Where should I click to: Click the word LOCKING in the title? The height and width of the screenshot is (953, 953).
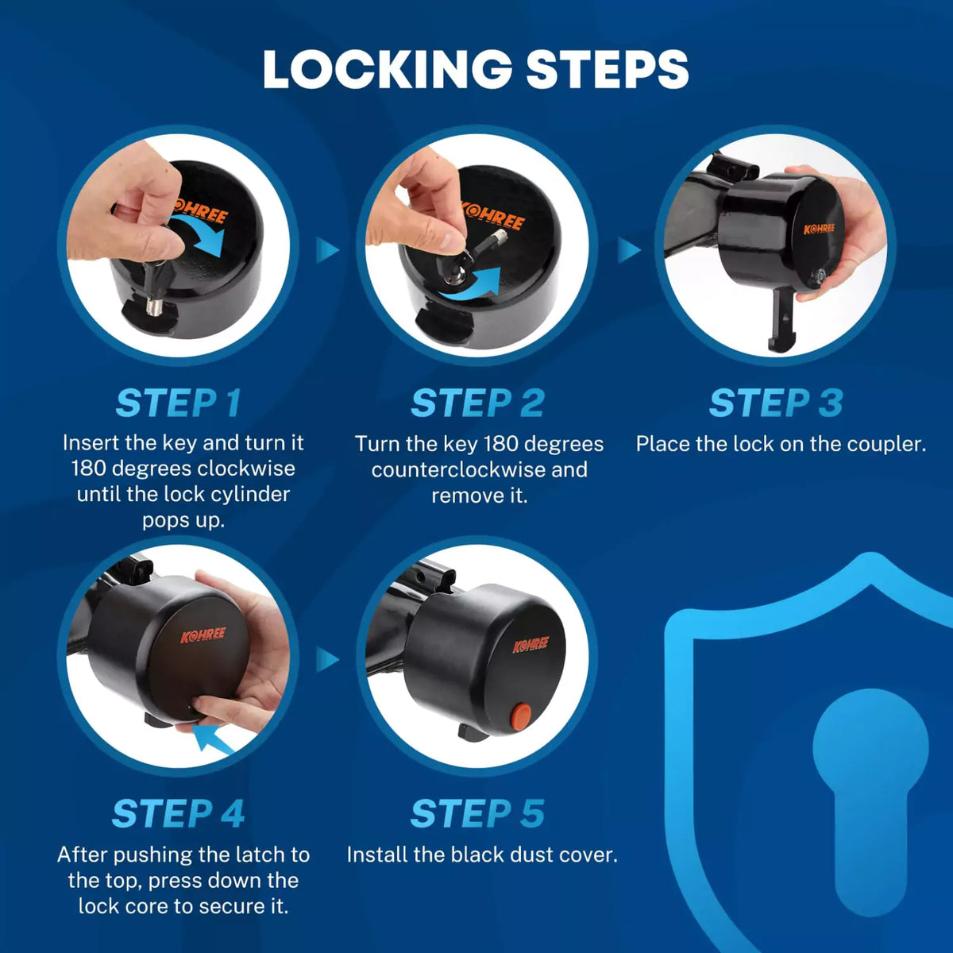point(388,69)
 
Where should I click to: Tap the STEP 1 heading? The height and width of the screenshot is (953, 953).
point(179,403)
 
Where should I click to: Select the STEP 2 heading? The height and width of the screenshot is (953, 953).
point(478,403)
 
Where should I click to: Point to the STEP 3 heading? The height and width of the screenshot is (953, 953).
point(776,403)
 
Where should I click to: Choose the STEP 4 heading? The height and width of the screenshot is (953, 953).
point(179,814)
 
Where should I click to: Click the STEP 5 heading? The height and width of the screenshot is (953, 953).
point(478,814)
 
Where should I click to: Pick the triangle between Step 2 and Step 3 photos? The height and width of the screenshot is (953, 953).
point(628,249)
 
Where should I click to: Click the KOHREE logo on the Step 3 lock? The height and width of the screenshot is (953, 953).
point(819,229)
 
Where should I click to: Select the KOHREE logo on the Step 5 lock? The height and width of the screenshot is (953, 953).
point(530,644)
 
